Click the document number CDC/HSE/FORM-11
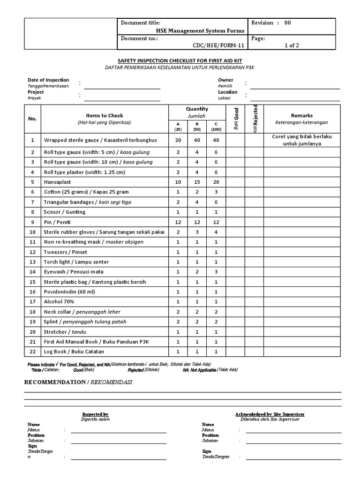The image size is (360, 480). (x=218, y=46)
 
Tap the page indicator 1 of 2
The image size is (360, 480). (x=292, y=46)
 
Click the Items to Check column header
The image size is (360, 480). (x=104, y=115)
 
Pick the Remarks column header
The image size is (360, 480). (x=301, y=115)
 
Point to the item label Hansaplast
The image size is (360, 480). (x=57, y=182)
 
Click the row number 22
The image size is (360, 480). (x=32, y=351)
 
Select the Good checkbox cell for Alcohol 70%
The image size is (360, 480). (x=235, y=301)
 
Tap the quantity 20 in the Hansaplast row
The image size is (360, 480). (x=216, y=182)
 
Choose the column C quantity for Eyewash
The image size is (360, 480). (x=216, y=271)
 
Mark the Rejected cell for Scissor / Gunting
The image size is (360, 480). (x=254, y=212)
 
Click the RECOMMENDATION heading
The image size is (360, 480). (x=55, y=382)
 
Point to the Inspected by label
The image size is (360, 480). (x=95, y=414)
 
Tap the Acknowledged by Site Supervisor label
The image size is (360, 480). (x=269, y=414)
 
